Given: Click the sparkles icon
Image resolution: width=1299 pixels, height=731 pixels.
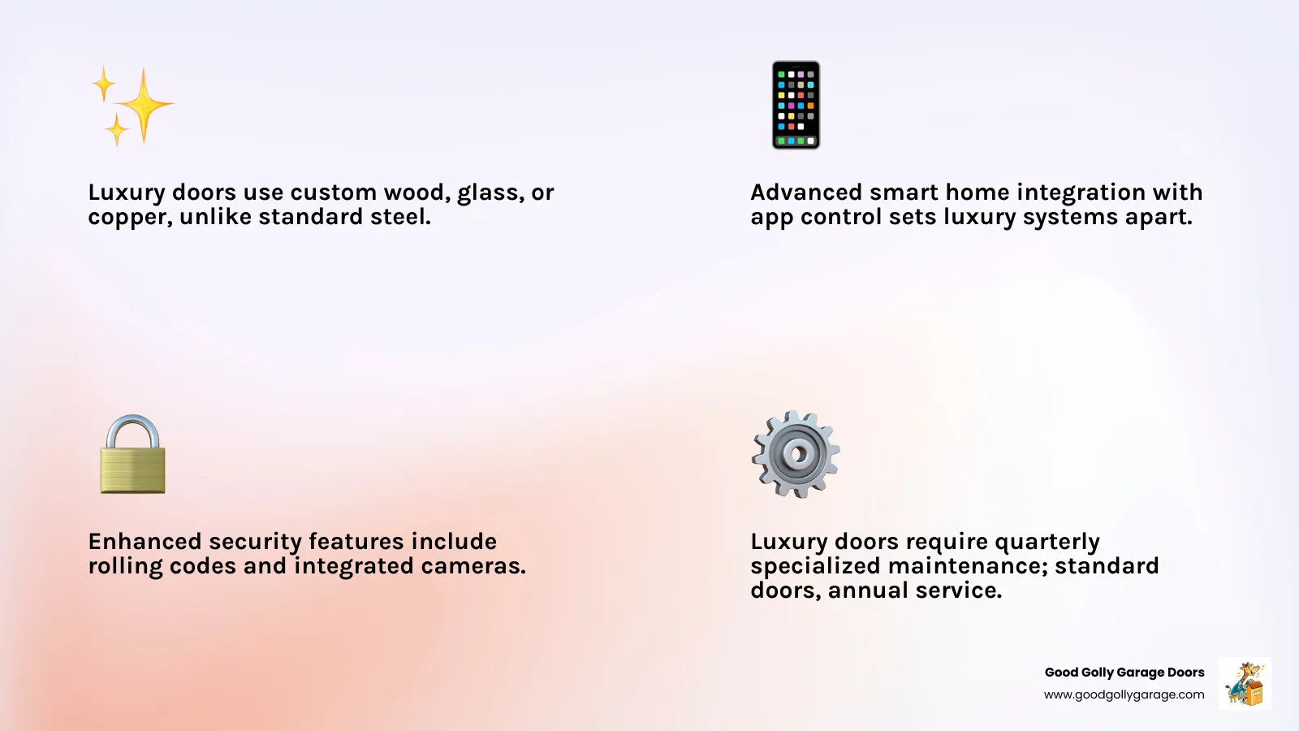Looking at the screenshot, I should pyautogui.click(x=132, y=106).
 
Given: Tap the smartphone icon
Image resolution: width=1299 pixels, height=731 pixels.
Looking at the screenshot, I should pyautogui.click(x=796, y=105).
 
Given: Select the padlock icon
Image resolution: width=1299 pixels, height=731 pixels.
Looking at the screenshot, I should pyautogui.click(x=132, y=455).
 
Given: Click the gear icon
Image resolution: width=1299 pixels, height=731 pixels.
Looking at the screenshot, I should pyautogui.click(x=796, y=454).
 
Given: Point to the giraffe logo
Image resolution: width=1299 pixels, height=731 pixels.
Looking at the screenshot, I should pyautogui.click(x=1245, y=684).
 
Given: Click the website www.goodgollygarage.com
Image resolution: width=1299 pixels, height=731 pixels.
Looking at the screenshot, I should pyautogui.click(x=1124, y=694).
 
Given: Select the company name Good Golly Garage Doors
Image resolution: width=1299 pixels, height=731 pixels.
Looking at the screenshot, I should pyautogui.click(x=1124, y=673).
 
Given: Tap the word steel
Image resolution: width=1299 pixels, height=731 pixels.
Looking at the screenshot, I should pyautogui.click(x=399, y=217).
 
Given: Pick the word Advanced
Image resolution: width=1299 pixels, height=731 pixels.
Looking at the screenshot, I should pyautogui.click(x=806, y=192).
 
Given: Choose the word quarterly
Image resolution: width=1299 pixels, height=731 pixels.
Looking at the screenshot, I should pyautogui.click(x=1047, y=543).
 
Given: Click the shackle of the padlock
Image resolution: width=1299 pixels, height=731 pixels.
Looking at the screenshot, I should pyautogui.click(x=132, y=429).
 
